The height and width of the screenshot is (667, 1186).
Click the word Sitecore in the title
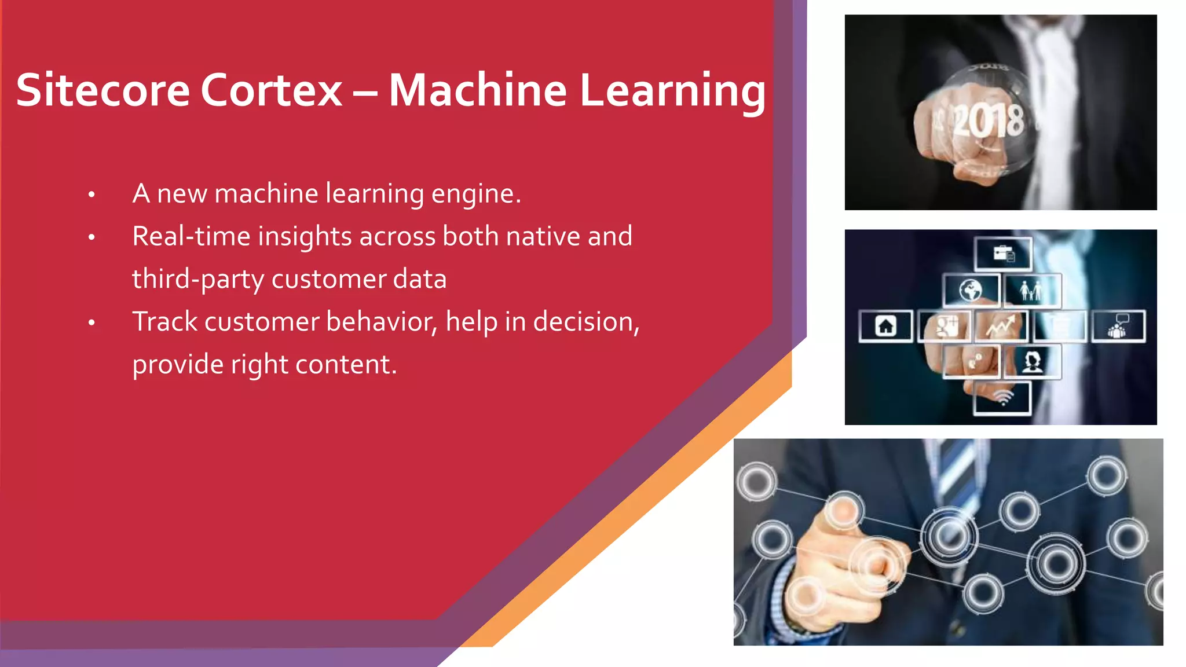(x=103, y=90)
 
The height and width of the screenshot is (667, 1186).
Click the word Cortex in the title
(x=272, y=90)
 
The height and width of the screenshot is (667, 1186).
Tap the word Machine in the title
(x=478, y=90)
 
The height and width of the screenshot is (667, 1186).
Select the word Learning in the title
(x=673, y=91)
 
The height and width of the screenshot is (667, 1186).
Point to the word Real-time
(x=191, y=236)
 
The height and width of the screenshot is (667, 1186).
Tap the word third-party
(x=198, y=280)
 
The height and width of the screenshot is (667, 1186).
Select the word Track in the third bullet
(x=164, y=322)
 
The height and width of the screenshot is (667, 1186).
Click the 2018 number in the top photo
(x=988, y=121)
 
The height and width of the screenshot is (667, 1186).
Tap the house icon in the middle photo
(x=885, y=326)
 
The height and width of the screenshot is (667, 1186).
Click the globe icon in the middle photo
(x=971, y=290)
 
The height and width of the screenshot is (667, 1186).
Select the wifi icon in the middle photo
(x=1003, y=398)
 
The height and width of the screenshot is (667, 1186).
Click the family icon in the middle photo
(x=1031, y=290)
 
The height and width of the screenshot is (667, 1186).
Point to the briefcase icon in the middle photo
(x=1003, y=254)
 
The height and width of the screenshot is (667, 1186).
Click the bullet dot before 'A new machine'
(x=91, y=195)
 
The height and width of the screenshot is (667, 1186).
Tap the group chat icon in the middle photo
(x=1118, y=326)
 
